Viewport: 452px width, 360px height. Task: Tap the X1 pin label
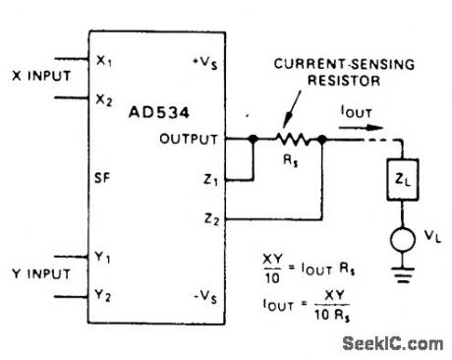point(104,61)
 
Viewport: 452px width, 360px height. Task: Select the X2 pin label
point(104,99)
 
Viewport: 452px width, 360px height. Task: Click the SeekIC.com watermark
point(395,343)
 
